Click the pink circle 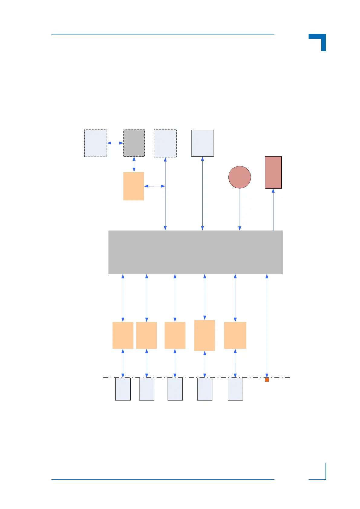(240, 177)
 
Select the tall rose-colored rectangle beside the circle (273, 172)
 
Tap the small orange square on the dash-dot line (267, 380)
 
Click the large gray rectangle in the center (196, 252)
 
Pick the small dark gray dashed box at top (134, 143)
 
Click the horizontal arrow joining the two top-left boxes (115, 143)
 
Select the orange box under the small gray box (134, 186)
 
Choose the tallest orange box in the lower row (205, 336)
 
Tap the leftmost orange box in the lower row (123, 335)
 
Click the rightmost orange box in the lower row (235, 335)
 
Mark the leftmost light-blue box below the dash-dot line (123, 389)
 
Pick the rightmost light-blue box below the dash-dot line (235, 389)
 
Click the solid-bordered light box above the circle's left (202, 143)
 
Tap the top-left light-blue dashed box (96, 143)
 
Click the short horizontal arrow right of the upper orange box (155, 186)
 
